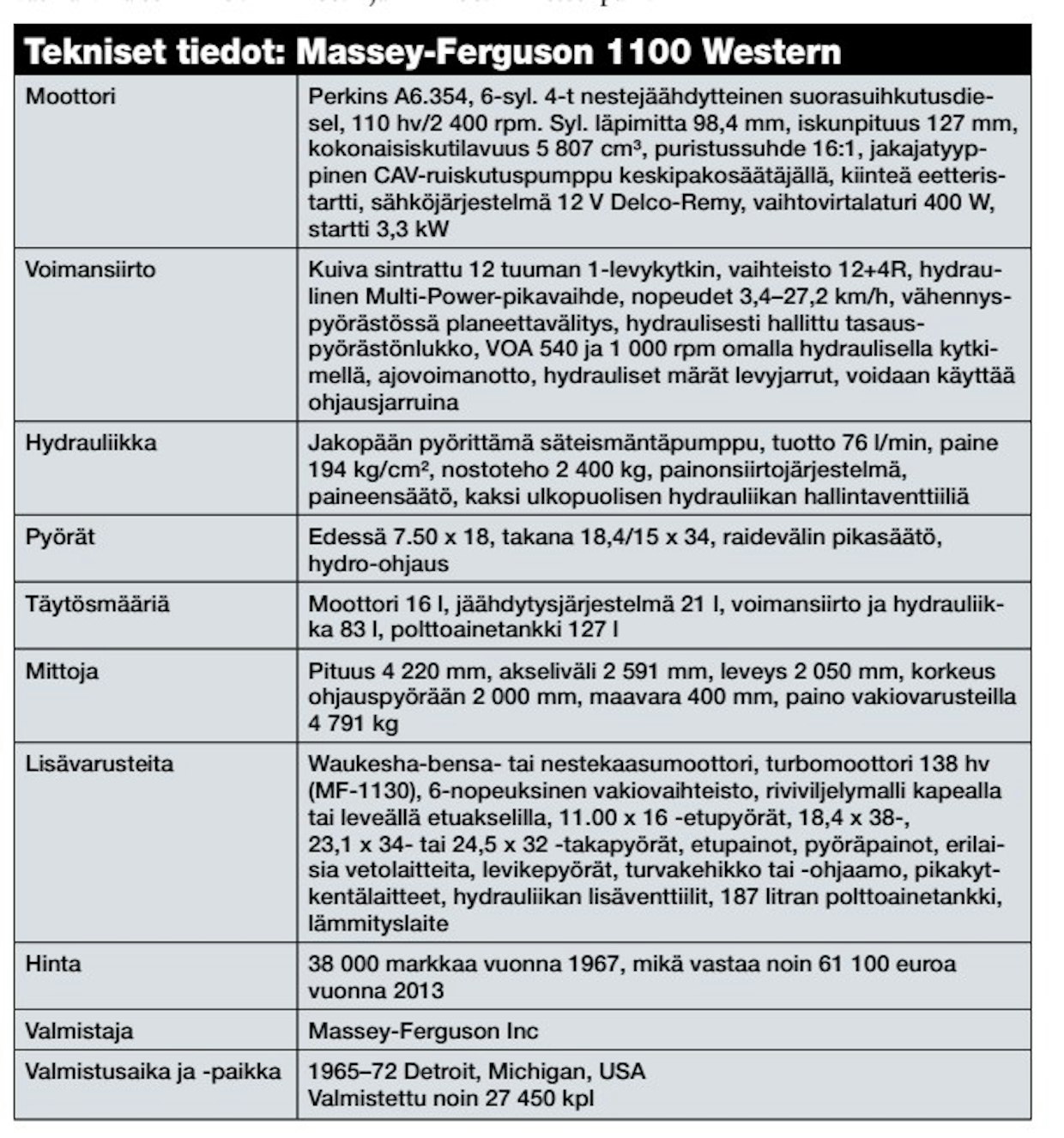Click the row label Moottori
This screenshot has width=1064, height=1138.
tap(70, 95)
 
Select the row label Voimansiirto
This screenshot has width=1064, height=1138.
tap(90, 269)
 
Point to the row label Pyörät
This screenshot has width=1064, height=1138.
tap(60, 537)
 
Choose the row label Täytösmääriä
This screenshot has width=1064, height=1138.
tap(98, 604)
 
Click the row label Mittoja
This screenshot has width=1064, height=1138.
tap(62, 671)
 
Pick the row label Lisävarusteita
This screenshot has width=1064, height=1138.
tap(100, 764)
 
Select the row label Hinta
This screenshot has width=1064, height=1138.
tap(53, 964)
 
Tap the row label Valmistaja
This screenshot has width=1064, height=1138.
tap(79, 1031)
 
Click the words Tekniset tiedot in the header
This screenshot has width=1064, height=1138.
tap(154, 53)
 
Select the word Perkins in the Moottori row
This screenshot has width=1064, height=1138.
tap(343, 95)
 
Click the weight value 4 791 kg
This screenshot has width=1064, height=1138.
tap(354, 723)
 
